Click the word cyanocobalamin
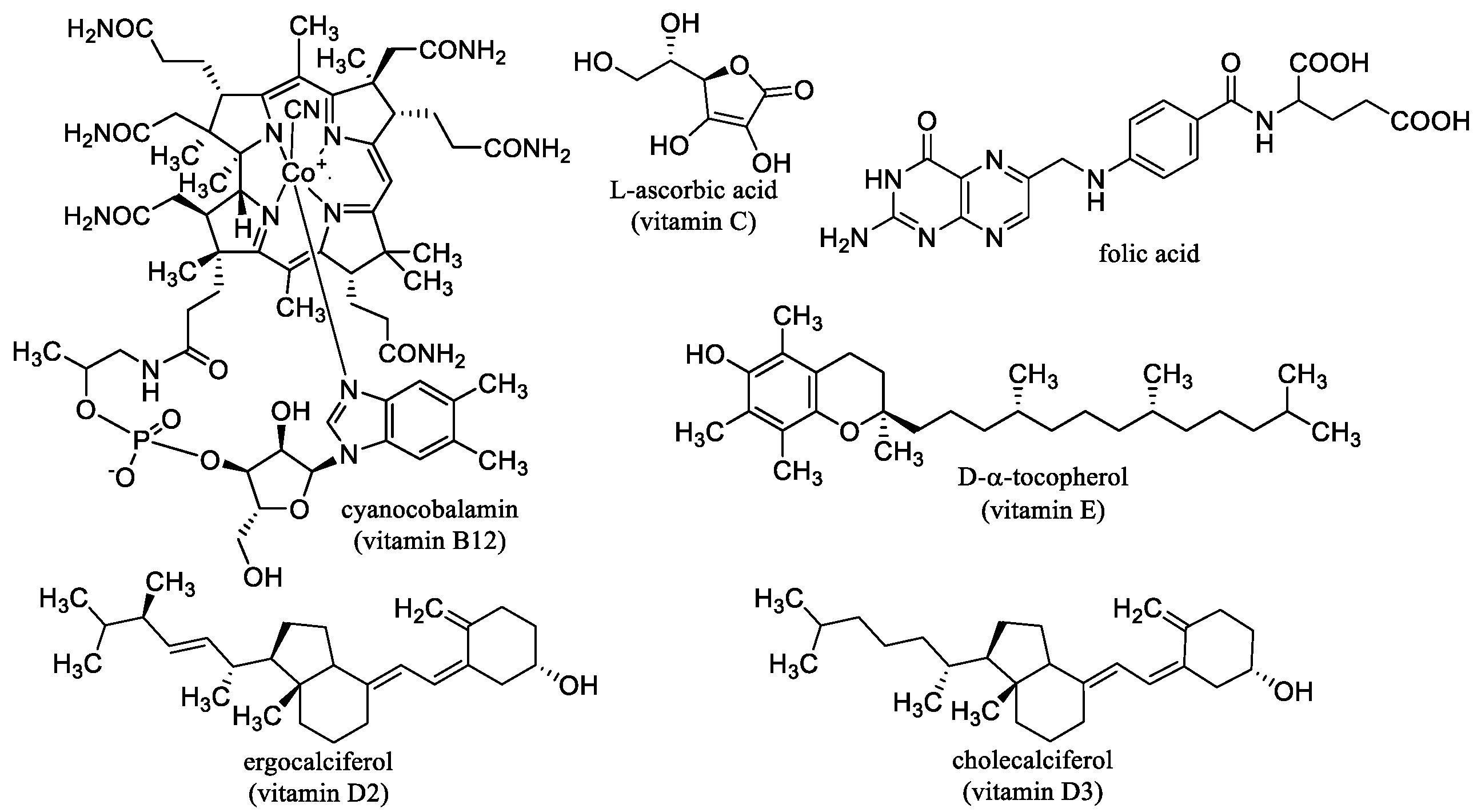tap(429, 510)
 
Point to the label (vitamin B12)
tap(429, 541)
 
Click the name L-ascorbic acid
tap(693, 190)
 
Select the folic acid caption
tap(1149, 253)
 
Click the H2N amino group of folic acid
tap(844, 237)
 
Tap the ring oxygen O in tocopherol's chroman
tap(849, 431)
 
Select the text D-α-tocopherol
tap(1043, 477)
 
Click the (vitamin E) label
tap(1043, 510)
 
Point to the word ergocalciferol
tap(318, 763)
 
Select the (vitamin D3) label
tap(1032, 793)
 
